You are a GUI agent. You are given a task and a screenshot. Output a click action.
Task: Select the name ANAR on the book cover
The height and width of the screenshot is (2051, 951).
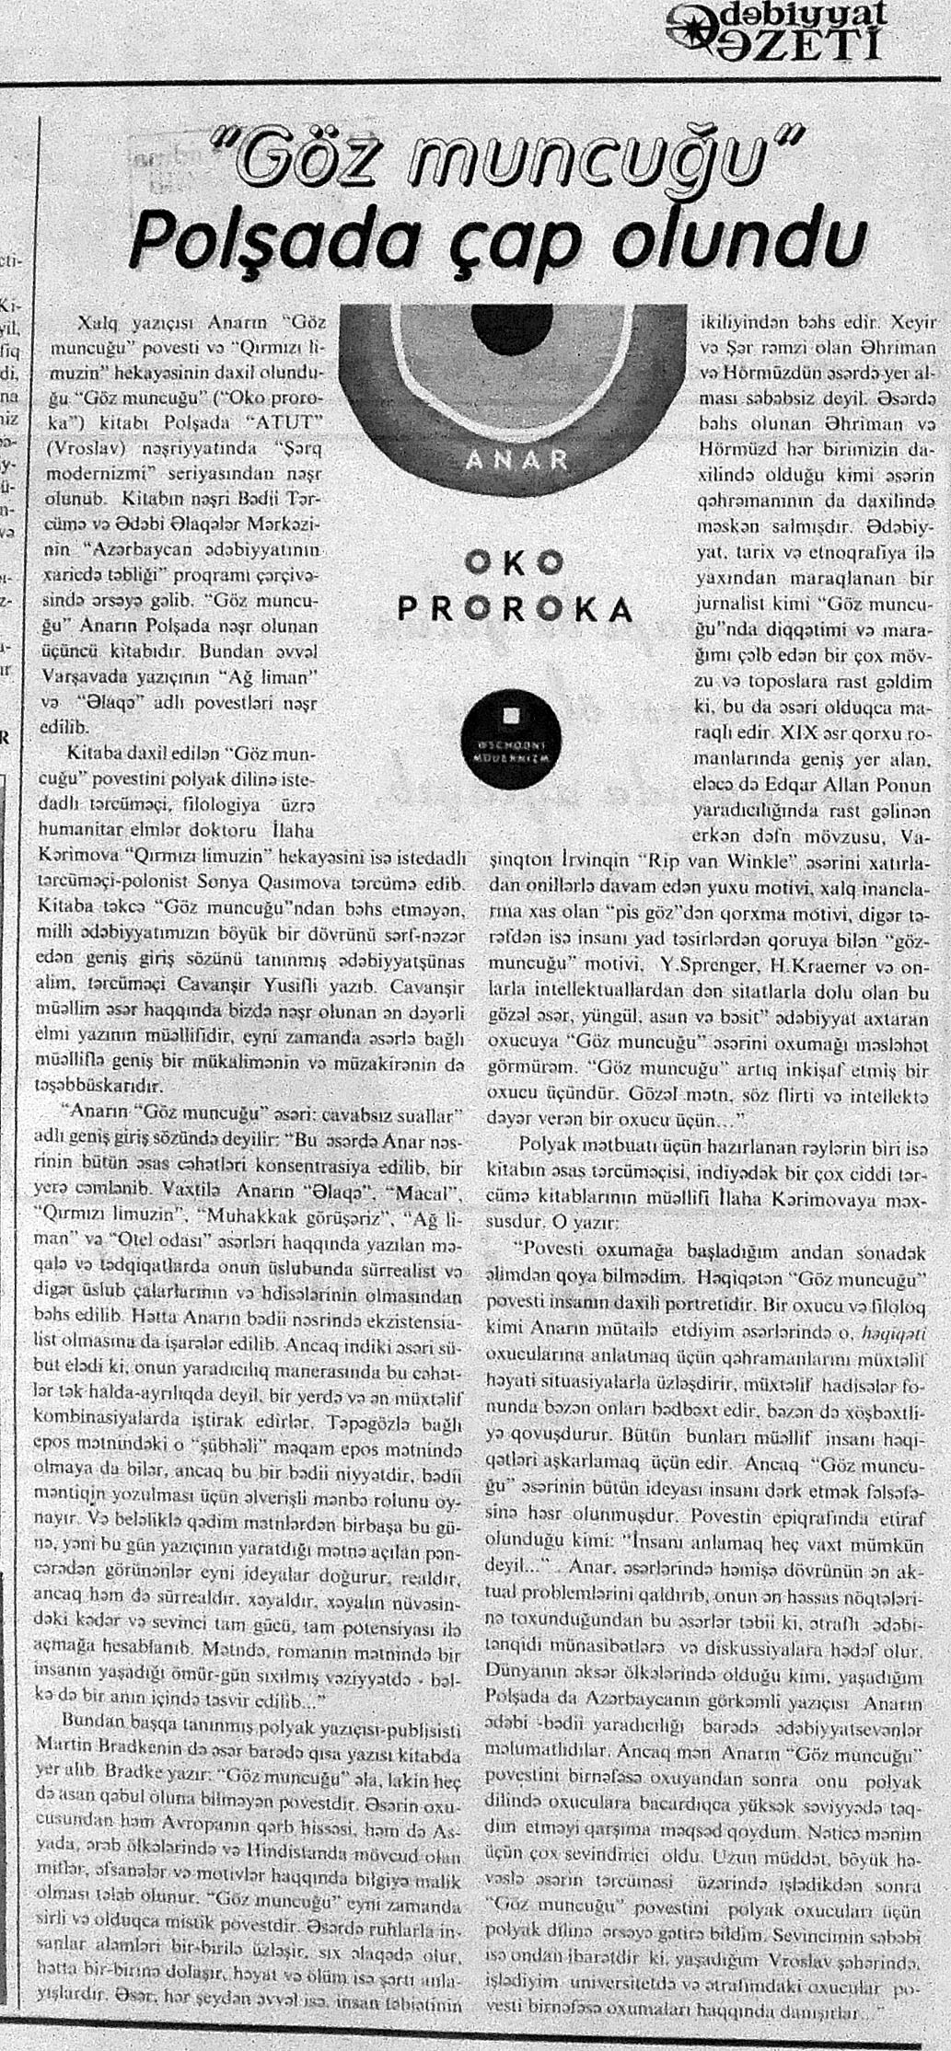point(516,459)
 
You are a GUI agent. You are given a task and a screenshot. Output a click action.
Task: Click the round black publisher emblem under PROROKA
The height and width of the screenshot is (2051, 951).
point(504,728)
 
